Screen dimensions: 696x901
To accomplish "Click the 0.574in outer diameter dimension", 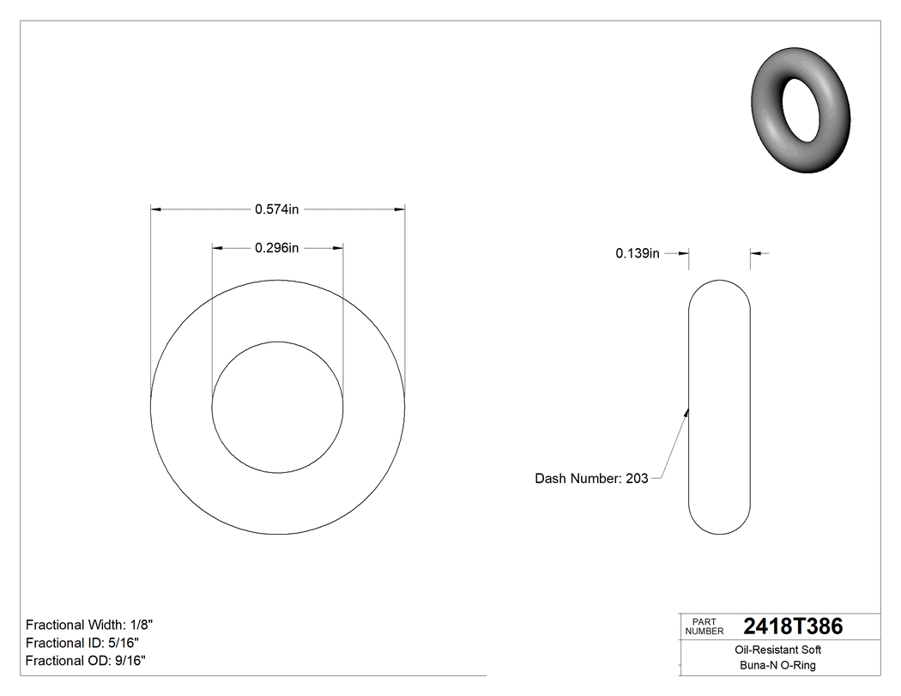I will click(x=276, y=209).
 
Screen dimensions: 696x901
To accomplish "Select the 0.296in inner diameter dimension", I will click(x=276, y=248).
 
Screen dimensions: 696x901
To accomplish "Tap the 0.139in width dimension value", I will click(x=637, y=253).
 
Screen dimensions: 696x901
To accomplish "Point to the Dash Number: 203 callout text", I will click(x=591, y=479).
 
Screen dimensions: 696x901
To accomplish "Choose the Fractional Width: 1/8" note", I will click(x=90, y=625).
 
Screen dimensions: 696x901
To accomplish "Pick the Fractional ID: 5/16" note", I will click(x=82, y=643).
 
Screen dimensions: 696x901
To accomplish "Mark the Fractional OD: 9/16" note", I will click(x=86, y=661).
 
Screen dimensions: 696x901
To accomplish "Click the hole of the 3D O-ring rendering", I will click(x=803, y=109).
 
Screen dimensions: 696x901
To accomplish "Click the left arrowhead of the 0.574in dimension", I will click(x=155, y=209).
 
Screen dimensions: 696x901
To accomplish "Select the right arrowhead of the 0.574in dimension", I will click(x=400, y=209).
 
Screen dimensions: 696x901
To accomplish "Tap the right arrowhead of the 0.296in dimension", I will click(x=338, y=248).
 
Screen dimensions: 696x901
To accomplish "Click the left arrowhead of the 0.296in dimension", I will click(x=217, y=248).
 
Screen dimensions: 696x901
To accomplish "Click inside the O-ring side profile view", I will click(x=720, y=408).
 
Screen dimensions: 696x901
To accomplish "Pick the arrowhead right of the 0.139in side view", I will click(x=756, y=253).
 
